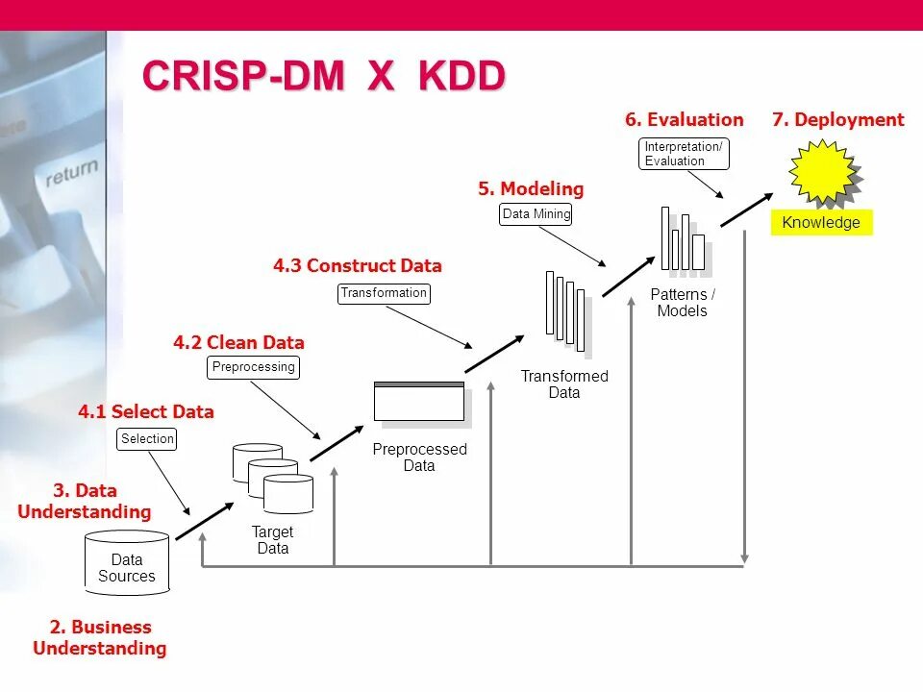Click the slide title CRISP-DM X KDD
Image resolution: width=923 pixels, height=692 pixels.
(323, 77)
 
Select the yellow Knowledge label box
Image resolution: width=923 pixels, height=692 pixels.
(821, 223)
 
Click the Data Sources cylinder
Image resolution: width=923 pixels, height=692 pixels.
(127, 563)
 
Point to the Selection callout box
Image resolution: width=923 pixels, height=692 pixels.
(147, 439)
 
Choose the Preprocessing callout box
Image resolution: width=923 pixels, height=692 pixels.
(253, 367)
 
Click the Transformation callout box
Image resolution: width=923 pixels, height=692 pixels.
(384, 293)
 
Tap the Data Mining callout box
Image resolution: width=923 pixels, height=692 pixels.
(536, 214)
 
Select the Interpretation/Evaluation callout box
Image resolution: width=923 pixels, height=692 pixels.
(684, 154)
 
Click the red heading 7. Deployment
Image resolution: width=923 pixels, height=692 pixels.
(837, 120)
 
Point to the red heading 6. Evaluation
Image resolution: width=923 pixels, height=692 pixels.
(684, 120)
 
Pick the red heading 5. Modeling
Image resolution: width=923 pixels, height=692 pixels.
(531, 189)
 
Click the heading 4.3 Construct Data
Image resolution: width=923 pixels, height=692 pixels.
(357, 266)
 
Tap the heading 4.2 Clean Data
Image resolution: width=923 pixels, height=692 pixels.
(238, 343)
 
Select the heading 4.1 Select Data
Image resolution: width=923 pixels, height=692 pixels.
(146, 412)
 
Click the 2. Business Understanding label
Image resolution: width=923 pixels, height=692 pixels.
(99, 637)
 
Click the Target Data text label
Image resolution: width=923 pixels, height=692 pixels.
(273, 540)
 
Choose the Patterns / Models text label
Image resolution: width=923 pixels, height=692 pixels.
(683, 303)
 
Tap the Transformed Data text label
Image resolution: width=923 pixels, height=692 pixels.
(564, 384)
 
